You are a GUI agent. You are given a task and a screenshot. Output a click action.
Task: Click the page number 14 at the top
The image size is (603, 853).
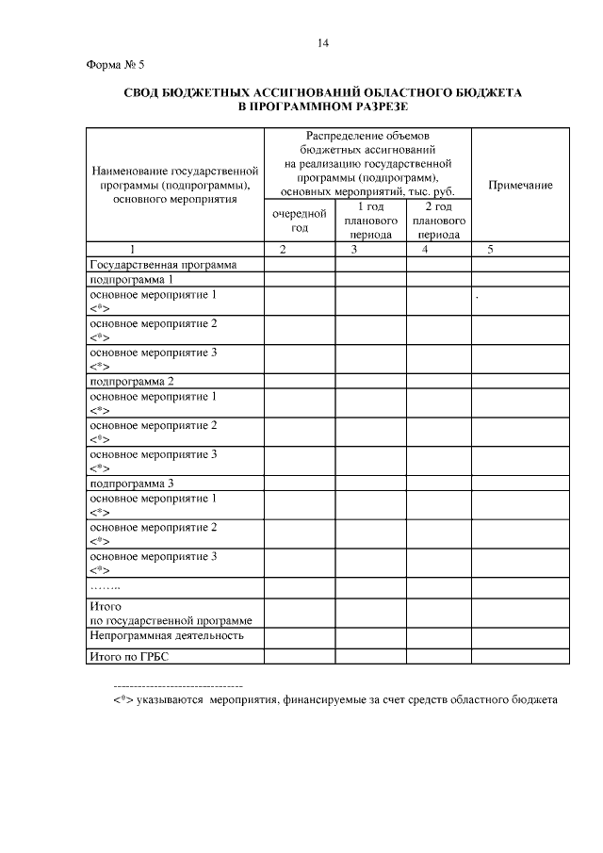pyautogui.click(x=323, y=42)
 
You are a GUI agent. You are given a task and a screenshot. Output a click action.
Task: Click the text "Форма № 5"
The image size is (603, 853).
pyautogui.click(x=106, y=65)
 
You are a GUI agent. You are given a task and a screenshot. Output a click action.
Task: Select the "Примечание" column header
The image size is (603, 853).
pyautogui.click(x=520, y=186)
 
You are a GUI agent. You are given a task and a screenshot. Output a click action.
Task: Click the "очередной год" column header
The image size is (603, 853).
pyautogui.click(x=300, y=221)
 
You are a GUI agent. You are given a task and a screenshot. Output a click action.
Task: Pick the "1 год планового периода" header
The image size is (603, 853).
pyautogui.click(x=370, y=221)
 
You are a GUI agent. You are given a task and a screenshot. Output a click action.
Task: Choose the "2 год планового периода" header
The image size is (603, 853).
pyautogui.click(x=438, y=221)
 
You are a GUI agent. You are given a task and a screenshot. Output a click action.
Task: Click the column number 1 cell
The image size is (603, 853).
pyautogui.click(x=133, y=250)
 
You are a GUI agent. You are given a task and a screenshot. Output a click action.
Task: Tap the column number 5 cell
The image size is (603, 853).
pyautogui.click(x=489, y=250)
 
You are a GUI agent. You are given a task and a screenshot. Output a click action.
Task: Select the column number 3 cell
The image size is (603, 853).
pyautogui.click(x=353, y=250)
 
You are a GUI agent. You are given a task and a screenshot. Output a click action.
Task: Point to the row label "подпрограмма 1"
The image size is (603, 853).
pyautogui.click(x=131, y=280)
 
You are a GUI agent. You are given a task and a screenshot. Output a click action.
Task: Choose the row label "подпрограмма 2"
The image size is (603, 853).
pyautogui.click(x=131, y=382)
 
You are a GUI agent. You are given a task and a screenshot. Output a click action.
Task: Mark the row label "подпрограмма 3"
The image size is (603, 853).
pyautogui.click(x=131, y=484)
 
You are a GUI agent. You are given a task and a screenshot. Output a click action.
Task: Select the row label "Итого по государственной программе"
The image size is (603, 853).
pyautogui.click(x=169, y=614)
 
